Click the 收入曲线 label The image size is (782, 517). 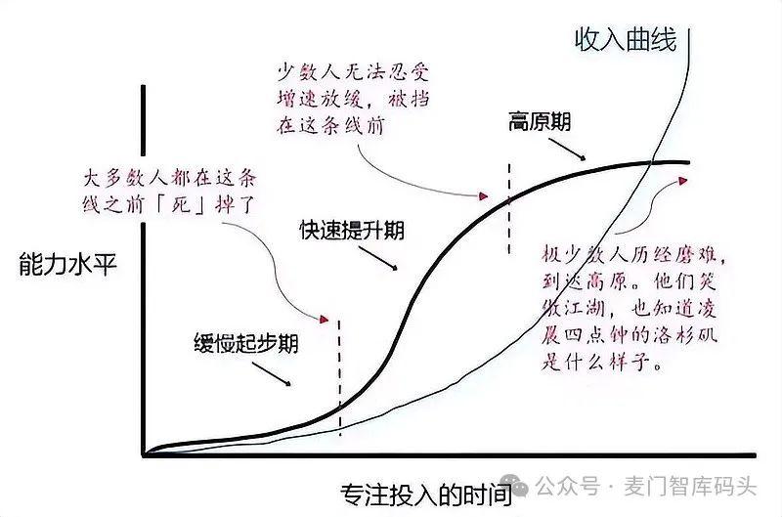tap(626, 39)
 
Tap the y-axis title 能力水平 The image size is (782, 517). tap(67, 263)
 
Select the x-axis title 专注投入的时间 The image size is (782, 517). tap(426, 495)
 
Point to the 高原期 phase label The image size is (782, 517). tap(540, 121)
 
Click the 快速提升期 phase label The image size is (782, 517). tap(352, 231)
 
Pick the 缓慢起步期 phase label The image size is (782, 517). tap(246, 343)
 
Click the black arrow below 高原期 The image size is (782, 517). tap(567, 150)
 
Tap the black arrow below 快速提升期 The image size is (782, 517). tap(378, 258)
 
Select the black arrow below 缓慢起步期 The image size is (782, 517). tap(272, 374)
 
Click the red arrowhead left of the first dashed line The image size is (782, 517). tap(325, 319)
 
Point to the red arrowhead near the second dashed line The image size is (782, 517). tap(483, 195)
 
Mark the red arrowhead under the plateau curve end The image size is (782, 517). tap(682, 180)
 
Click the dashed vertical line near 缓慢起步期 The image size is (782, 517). tap(339, 378)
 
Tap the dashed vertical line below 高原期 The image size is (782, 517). tap(509, 209)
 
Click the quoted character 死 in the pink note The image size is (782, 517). tap(182, 203)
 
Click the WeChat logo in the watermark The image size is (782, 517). tap(514, 485)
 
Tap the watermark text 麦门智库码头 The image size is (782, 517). tap(691, 486)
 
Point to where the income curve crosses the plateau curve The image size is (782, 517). tap(652, 162)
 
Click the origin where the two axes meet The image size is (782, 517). tap(144, 454)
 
